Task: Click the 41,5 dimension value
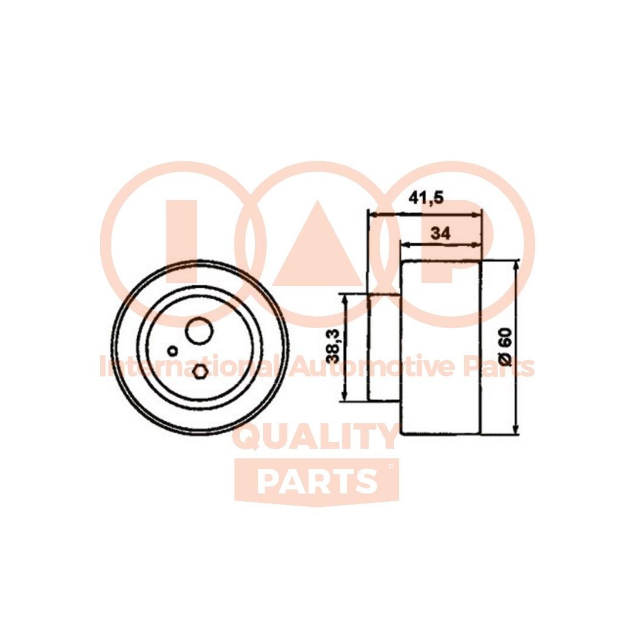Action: tap(426, 199)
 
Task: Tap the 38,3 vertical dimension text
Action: tap(334, 346)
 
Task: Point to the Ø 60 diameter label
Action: tap(505, 347)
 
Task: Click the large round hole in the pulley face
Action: tap(199, 331)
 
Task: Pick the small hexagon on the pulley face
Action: tap(200, 371)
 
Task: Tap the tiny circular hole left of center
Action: tap(172, 351)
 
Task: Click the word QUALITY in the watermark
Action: tap(316, 437)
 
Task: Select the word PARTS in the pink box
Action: tap(316, 481)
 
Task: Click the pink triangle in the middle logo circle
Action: tap(317, 246)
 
